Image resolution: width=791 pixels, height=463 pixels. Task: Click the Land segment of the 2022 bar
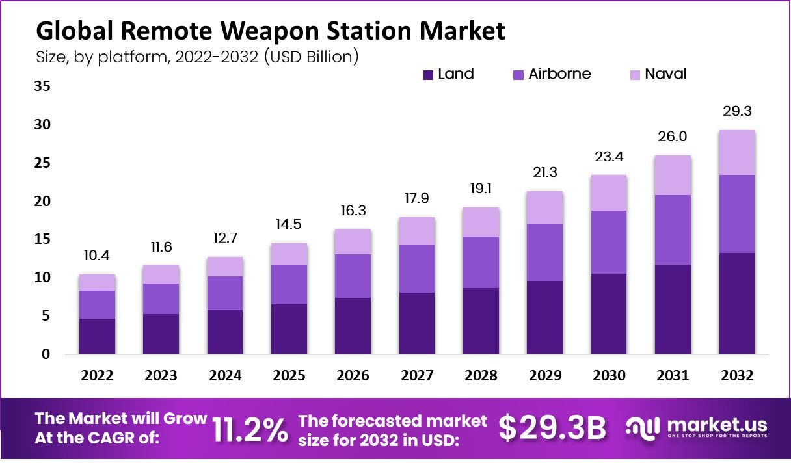tap(97, 336)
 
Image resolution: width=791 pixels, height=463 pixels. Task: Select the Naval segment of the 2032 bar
tap(737, 152)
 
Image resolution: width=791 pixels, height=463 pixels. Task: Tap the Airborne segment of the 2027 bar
tap(417, 268)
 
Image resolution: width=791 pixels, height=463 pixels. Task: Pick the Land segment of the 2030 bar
tap(609, 313)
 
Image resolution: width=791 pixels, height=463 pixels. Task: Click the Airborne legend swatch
tap(518, 75)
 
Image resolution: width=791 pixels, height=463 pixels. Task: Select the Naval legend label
tap(665, 74)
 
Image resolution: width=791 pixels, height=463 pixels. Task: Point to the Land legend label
tap(455, 74)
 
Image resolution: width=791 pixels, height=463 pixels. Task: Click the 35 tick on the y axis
tap(42, 86)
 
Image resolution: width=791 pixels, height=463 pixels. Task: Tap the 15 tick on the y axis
tap(42, 239)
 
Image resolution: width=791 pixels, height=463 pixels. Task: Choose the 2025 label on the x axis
tap(289, 376)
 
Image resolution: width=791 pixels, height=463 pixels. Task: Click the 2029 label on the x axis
tap(545, 376)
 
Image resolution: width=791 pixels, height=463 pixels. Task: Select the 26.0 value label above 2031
tap(673, 137)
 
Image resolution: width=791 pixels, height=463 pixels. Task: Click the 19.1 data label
tap(481, 190)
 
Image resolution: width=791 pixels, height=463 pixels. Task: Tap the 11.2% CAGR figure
tap(250, 429)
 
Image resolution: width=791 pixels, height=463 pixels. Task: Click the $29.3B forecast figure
tap(552, 428)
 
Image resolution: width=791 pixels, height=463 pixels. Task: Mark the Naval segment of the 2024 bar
tap(225, 267)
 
